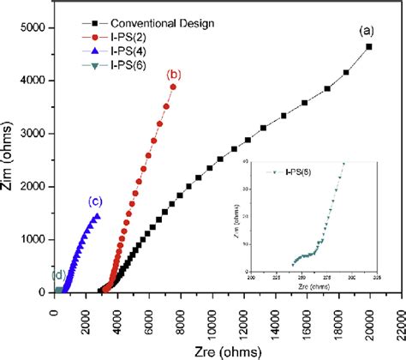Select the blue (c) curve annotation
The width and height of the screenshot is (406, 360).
click(x=95, y=202)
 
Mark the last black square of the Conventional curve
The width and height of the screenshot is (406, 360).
click(x=369, y=47)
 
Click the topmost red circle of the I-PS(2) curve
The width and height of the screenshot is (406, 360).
click(x=174, y=87)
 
